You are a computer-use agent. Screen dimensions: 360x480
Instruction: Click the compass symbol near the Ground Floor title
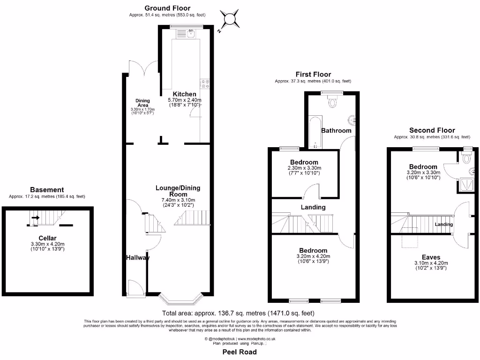pos(230,19)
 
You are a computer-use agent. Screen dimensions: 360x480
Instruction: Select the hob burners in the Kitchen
pos(205,83)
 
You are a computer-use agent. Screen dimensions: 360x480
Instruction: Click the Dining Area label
pos(143,103)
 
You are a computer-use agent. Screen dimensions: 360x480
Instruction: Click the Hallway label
pos(137,258)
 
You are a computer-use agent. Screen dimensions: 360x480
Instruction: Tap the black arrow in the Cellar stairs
pos(35,217)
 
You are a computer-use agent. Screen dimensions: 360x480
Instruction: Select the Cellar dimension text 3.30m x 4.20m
pos(48,244)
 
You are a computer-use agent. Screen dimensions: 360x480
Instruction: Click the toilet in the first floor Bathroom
pos(334,101)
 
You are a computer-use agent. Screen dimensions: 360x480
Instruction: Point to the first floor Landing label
pos(314,207)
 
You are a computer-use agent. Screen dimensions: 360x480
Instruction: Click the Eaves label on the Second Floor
pos(430,257)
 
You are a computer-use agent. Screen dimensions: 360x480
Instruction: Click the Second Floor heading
pos(432,130)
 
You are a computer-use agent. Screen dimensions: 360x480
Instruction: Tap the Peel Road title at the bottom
pos(240,352)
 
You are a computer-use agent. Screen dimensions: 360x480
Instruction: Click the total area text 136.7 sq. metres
pos(238,313)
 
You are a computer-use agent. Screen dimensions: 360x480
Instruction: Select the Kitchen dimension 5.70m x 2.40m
pos(184,100)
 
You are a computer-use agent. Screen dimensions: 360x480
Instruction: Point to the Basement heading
pos(47,190)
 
